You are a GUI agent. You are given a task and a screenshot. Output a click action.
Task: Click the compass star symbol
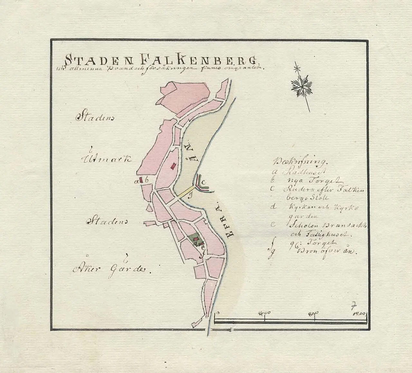click(302, 86)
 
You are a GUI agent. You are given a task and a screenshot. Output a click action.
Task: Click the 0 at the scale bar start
click(218, 312)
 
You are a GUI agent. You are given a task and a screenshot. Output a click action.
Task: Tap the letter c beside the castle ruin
click(203, 182)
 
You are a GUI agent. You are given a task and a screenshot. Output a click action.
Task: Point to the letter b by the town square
click(146, 181)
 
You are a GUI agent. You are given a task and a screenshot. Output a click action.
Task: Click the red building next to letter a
click(140, 180)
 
